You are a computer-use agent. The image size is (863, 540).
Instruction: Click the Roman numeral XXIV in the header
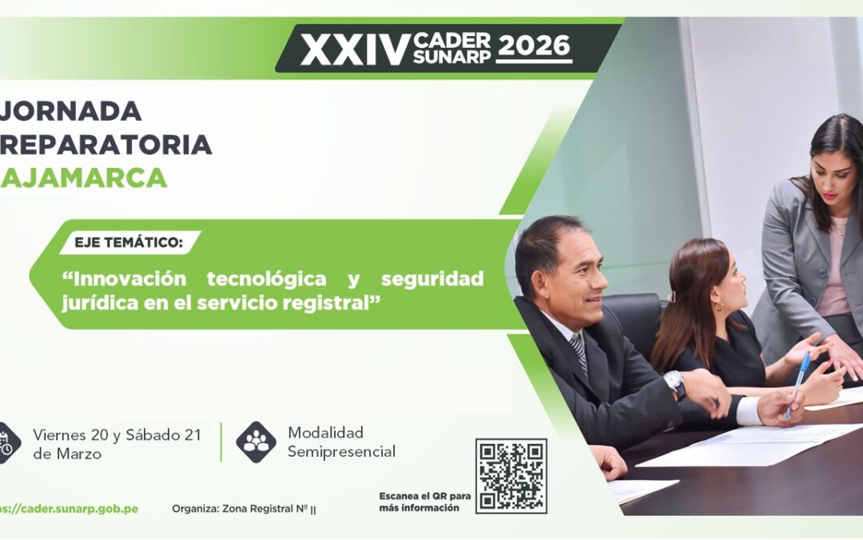point(355,50)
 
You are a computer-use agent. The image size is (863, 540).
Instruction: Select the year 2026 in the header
point(534,46)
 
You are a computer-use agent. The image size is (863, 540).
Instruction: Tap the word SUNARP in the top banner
point(451,57)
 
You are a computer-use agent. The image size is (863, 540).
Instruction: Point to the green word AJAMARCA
point(84,178)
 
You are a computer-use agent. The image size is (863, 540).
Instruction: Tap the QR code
point(511,475)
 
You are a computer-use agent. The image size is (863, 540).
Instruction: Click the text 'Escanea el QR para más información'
point(424,502)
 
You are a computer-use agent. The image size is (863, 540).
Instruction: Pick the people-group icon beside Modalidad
point(256,442)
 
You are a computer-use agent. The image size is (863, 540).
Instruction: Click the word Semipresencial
point(341,452)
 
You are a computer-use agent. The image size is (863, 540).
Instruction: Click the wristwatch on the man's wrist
point(675,383)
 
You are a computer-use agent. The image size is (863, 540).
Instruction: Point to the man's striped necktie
point(579,353)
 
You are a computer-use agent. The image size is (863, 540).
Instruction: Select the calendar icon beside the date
point(6,442)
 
